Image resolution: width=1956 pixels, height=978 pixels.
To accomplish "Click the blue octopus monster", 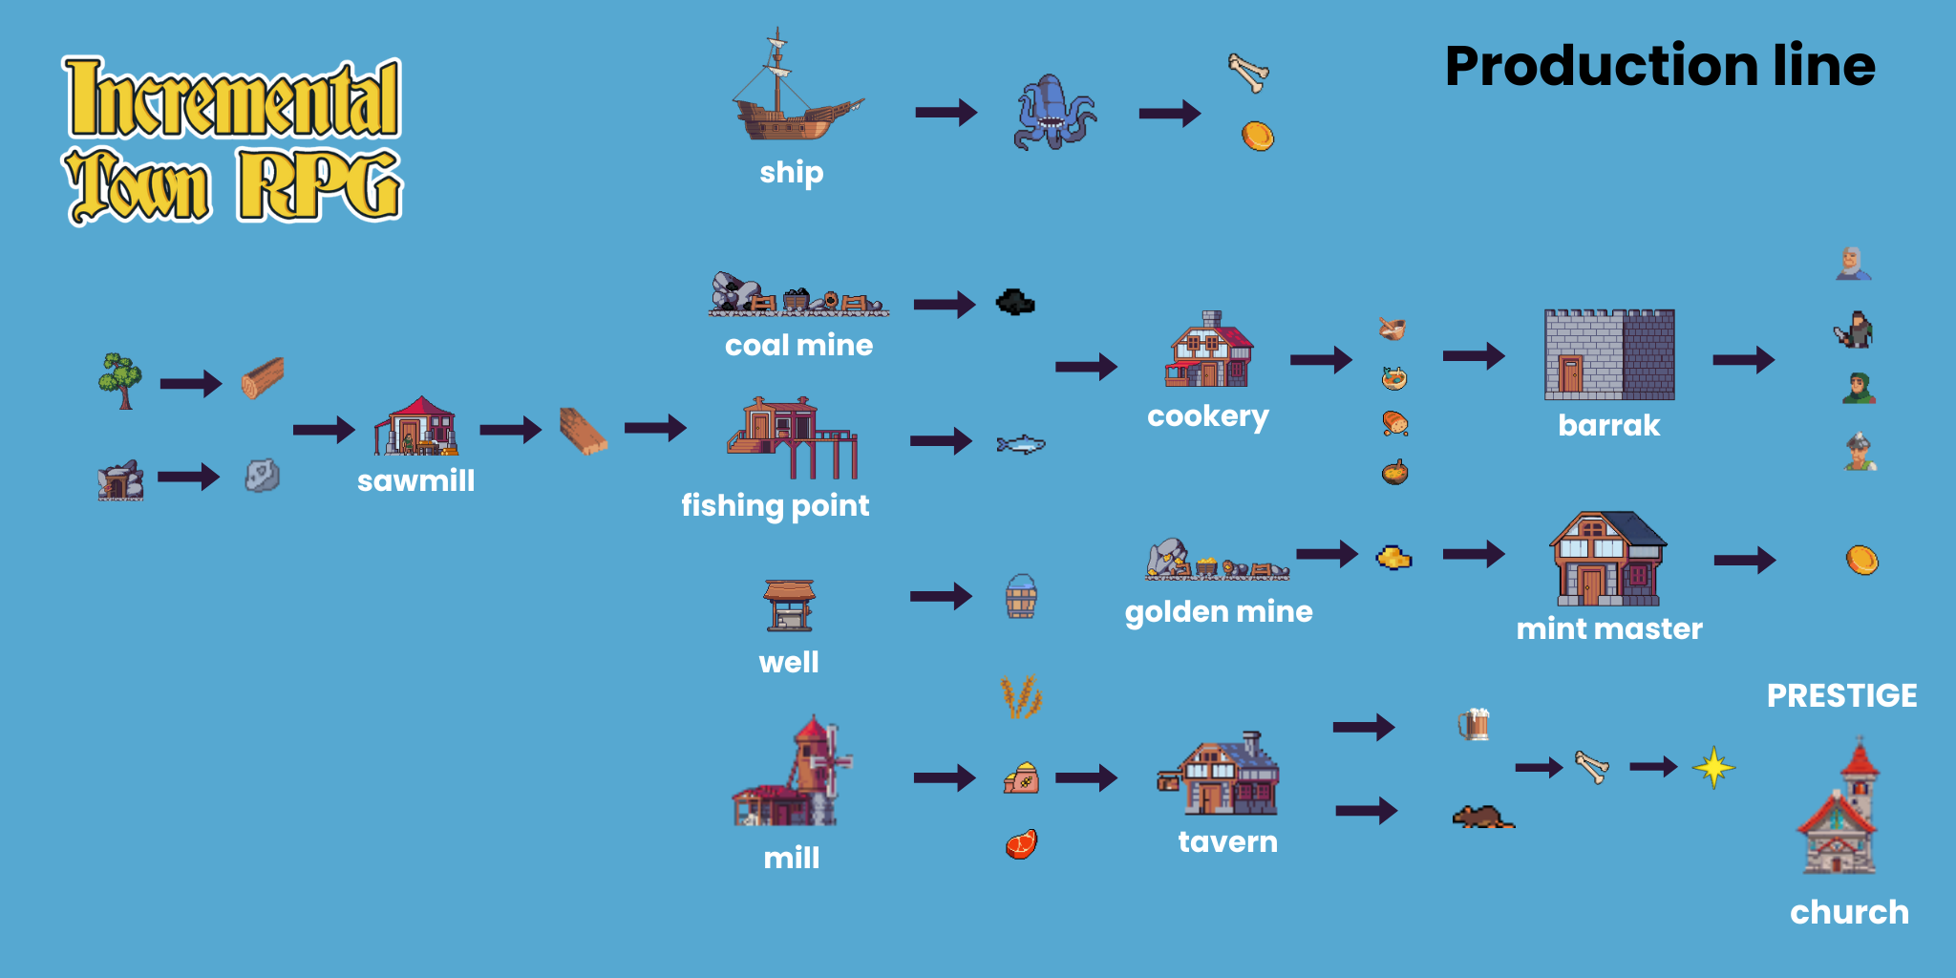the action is (1054, 112).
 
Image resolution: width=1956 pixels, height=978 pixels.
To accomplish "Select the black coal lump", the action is (1015, 302).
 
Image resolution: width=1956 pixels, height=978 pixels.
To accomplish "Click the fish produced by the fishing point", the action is (1021, 443).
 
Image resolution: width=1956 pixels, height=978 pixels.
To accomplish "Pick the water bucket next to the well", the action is (1021, 597).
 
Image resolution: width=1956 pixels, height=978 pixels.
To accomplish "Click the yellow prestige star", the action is (1713, 767).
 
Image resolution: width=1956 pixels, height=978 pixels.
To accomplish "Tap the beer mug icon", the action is (1474, 725).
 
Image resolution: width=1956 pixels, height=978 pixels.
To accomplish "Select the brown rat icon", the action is (1482, 817).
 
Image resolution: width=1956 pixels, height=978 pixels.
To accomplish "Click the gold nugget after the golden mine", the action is (1394, 557).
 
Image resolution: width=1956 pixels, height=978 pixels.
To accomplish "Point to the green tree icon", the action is (120, 380).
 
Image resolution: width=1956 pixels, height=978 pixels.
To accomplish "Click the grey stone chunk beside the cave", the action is (262, 475).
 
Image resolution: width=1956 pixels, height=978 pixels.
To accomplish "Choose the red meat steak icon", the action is (1021, 844).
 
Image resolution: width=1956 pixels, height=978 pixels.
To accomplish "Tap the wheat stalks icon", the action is (1021, 697).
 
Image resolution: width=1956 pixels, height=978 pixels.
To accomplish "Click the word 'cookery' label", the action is (1208, 416).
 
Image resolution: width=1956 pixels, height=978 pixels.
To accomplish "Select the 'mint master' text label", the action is (1609, 628).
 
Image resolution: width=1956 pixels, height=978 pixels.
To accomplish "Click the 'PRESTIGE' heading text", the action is (1841, 695).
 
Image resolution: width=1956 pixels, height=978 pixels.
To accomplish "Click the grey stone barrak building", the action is (1609, 354).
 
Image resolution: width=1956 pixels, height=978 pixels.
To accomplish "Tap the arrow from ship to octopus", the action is (946, 113).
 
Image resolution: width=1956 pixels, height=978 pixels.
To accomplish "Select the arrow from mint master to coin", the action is (1745, 560).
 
